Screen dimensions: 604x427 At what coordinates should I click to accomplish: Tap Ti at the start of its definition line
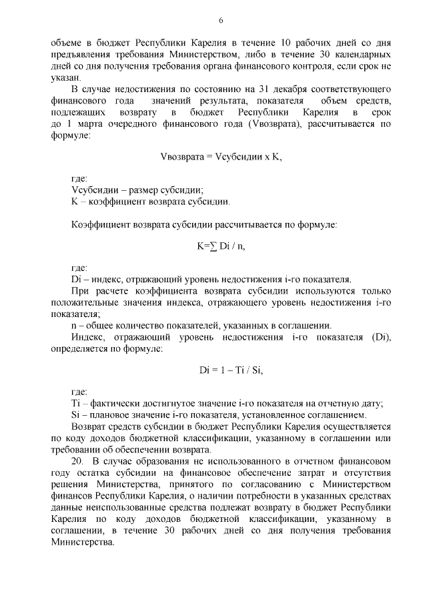coord(75,404)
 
